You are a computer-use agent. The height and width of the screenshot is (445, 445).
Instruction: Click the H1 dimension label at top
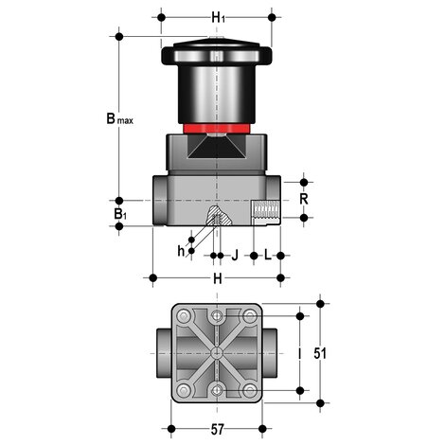pos(219,17)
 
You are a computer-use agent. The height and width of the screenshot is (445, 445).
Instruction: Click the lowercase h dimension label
pos(183,250)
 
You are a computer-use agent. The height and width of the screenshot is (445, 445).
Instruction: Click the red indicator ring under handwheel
pos(218,126)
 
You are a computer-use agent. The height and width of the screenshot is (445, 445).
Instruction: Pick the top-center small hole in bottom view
pos(219,314)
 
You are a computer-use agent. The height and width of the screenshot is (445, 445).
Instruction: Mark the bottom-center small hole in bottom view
pos(219,389)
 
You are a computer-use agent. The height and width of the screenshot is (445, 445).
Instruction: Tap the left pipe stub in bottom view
pos(160,352)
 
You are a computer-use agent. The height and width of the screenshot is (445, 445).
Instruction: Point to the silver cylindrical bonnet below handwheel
pos(218,95)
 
